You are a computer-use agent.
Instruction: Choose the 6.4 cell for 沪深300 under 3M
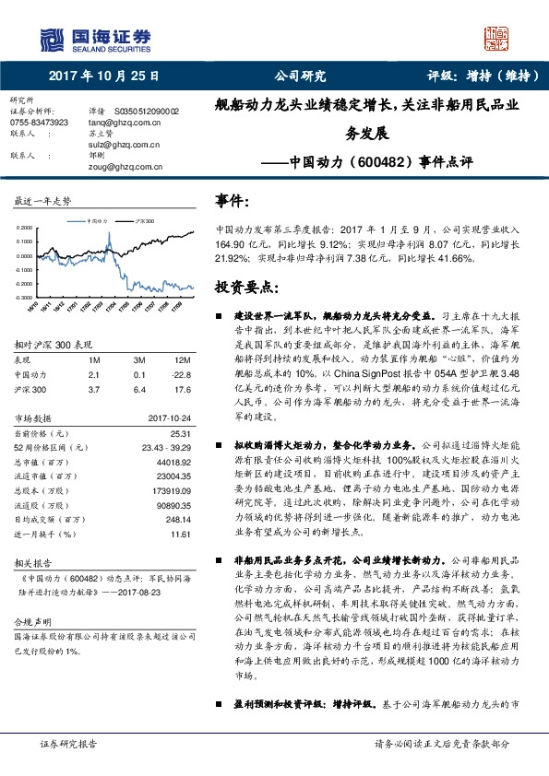[x=140, y=388]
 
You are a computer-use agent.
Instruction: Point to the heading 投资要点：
[x=241, y=285]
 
